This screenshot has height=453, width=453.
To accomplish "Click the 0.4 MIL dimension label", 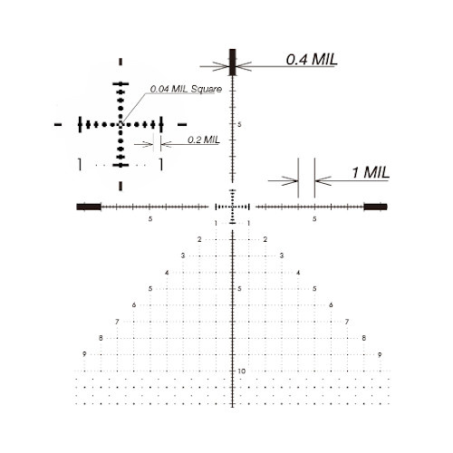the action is pos(312,59).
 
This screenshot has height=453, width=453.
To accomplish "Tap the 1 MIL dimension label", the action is pos(371,173).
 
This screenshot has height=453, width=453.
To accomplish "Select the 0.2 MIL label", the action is pos(204,140).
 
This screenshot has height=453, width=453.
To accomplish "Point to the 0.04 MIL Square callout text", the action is pos(186,89).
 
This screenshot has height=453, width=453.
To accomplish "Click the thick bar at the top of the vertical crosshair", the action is pos(232,63).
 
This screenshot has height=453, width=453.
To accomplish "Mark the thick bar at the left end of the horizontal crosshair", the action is pos(89,207).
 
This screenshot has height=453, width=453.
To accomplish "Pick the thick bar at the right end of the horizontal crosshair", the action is pos(375,207).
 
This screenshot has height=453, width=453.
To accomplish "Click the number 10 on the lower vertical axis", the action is pos(241,371).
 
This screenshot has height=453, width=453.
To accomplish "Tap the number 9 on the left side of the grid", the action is pos(84,354).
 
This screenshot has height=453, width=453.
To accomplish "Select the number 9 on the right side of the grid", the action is pos(380,354).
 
